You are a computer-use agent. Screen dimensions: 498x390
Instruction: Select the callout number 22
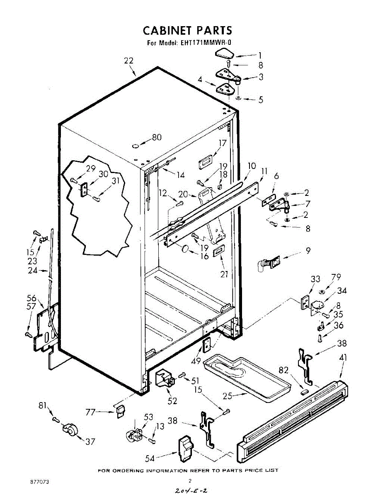pyautogui.click(x=128, y=61)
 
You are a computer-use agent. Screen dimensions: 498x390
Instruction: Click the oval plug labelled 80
pyautogui.click(x=135, y=146)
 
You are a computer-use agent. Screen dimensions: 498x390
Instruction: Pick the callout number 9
pyautogui.click(x=308, y=251)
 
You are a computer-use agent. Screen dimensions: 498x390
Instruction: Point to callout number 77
pyautogui.click(x=91, y=412)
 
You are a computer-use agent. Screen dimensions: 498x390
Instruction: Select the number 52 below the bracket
pyautogui.click(x=172, y=401)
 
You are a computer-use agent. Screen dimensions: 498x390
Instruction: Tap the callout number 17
pyautogui.click(x=223, y=143)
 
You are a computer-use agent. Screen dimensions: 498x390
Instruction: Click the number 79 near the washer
pyautogui.click(x=336, y=277)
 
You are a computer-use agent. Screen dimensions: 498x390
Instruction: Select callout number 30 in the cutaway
pyautogui.click(x=103, y=174)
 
